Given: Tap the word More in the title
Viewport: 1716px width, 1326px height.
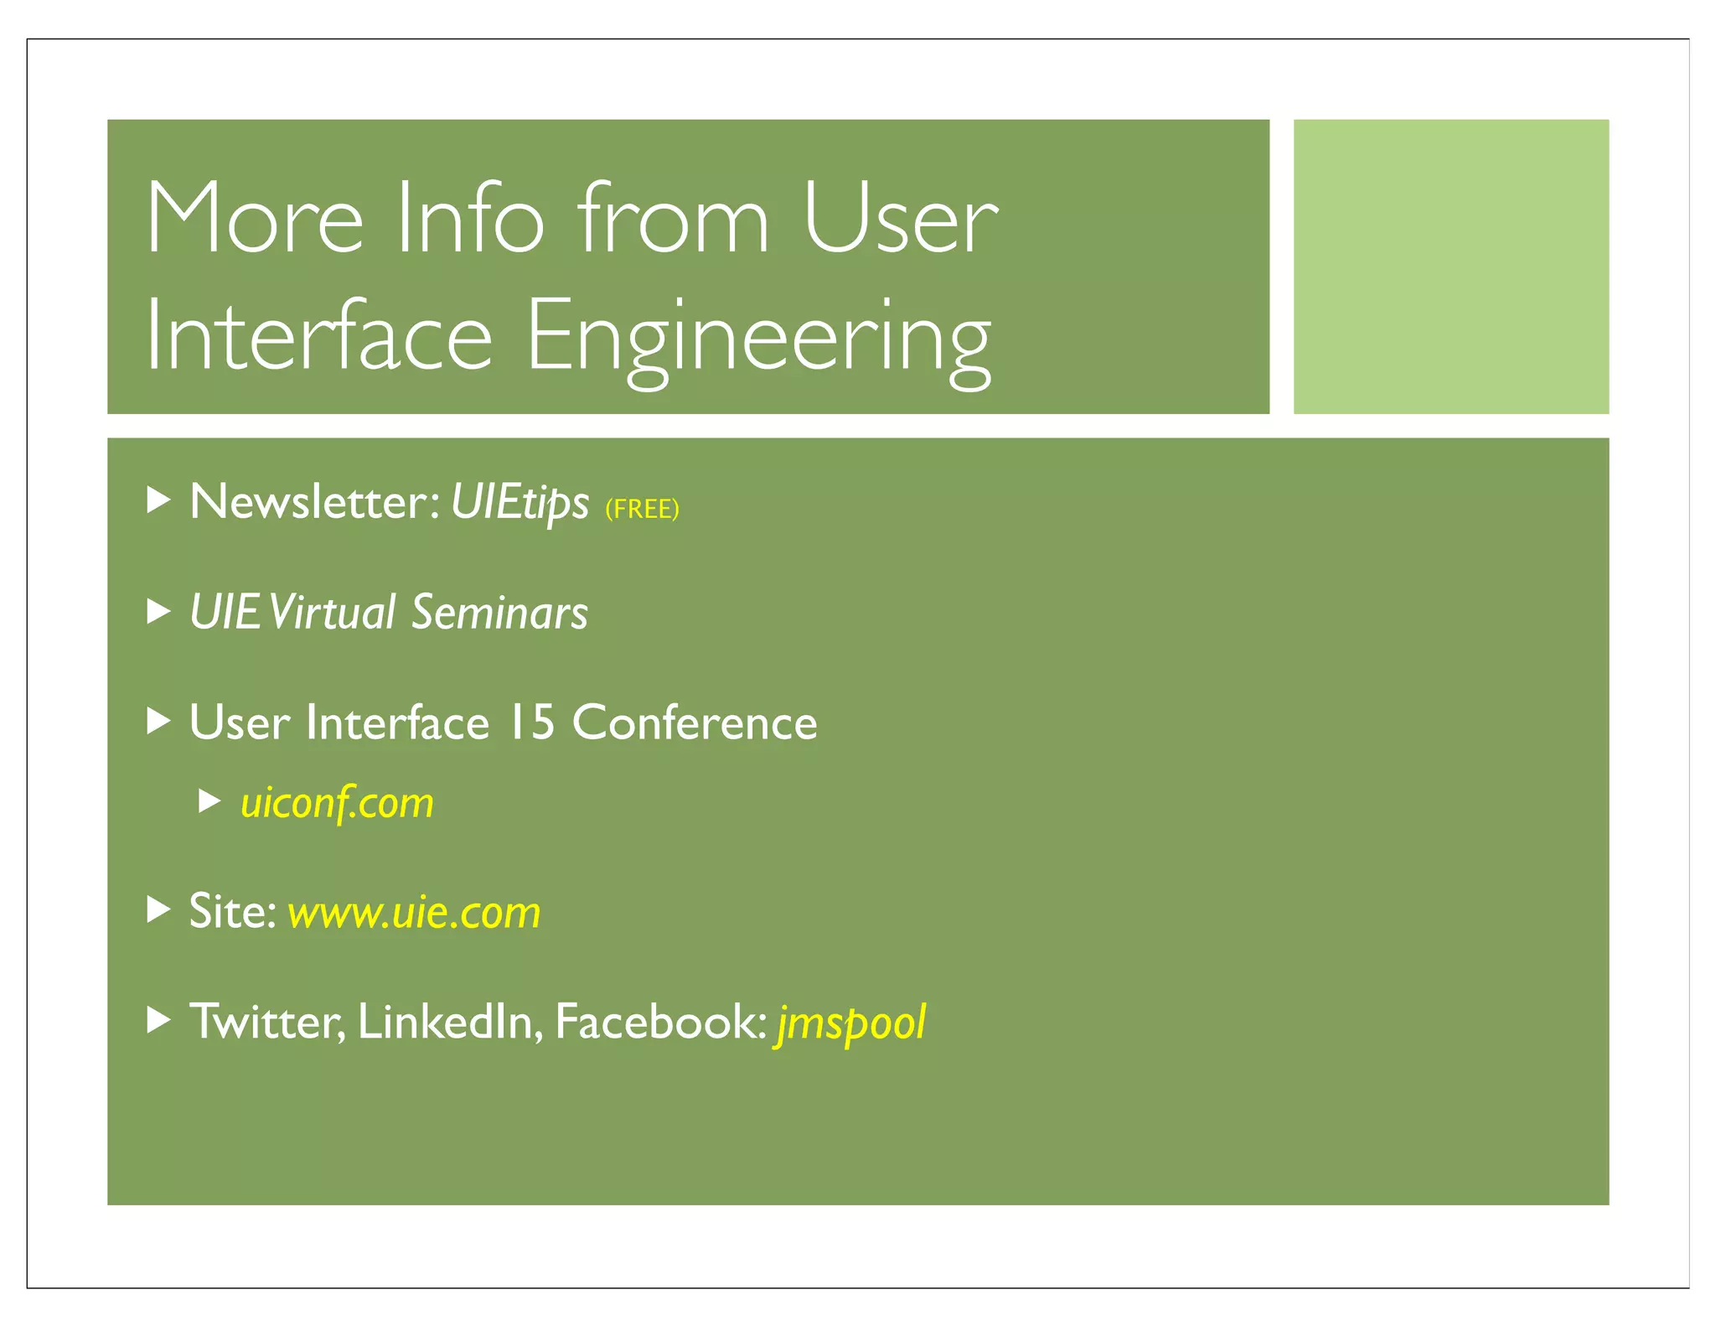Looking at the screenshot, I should pos(255,218).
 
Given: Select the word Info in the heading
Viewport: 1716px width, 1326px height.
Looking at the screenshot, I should pos(470,218).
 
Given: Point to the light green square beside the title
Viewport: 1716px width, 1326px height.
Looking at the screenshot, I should pos(1450,267).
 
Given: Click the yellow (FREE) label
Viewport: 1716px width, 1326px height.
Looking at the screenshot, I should pos(642,509).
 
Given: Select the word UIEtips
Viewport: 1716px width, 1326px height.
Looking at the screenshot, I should pos(519,503).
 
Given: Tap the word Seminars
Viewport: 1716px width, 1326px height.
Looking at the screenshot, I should pos(499,612).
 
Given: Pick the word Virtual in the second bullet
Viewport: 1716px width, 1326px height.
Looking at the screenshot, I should pos(333,612).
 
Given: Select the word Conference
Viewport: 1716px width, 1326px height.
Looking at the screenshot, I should pos(695,723).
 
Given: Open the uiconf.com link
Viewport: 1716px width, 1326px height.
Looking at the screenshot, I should pos(337,803).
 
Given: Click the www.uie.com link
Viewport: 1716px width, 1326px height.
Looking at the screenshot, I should pos(414,912).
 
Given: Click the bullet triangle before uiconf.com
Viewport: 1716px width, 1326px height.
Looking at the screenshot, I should pos(209,801).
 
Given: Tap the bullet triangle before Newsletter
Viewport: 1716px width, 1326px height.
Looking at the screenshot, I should pos(158,500).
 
